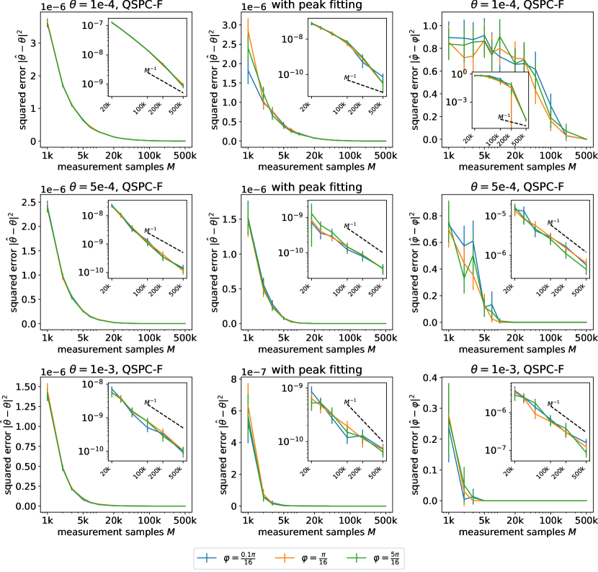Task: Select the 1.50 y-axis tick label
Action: pos(27,387)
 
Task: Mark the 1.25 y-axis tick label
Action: pos(27,407)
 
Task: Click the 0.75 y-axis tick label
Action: pos(27,446)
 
